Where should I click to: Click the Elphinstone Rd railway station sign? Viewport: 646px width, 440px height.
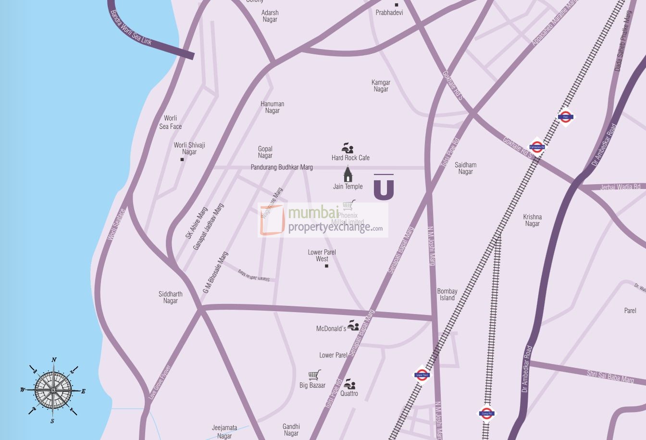coord(537,147)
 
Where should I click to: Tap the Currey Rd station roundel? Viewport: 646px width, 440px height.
coord(486,413)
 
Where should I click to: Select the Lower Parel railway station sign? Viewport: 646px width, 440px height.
coord(422,375)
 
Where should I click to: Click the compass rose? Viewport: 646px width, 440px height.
coord(53,390)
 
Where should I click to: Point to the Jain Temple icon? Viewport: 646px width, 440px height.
coord(348,174)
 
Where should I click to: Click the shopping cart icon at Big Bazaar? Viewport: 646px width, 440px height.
coord(314,375)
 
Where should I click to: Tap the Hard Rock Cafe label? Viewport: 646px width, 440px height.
coord(350,158)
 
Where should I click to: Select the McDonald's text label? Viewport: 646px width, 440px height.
coord(331,329)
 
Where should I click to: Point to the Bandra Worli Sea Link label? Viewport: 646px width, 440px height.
coord(131,28)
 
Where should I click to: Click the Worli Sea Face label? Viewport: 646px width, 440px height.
coord(171,122)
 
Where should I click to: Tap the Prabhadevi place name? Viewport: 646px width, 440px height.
coord(389,13)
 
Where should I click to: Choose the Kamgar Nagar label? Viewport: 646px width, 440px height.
coord(381,86)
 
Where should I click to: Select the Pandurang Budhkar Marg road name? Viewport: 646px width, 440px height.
coord(282,167)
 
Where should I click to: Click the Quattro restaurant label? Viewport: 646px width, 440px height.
coord(349,393)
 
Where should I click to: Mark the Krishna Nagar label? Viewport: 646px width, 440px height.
coord(532,220)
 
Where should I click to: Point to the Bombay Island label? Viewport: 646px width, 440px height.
coord(447,294)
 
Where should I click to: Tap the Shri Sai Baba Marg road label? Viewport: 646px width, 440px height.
coord(610,376)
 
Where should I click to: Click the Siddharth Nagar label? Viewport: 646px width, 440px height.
coord(170,297)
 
